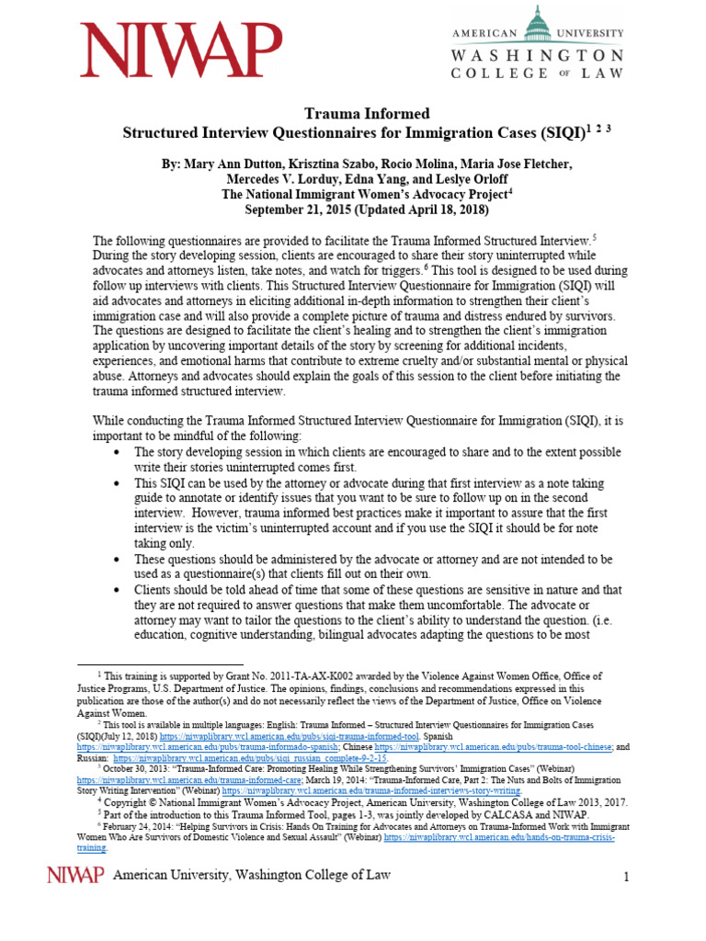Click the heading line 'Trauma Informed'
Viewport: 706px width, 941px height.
pos(354,114)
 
